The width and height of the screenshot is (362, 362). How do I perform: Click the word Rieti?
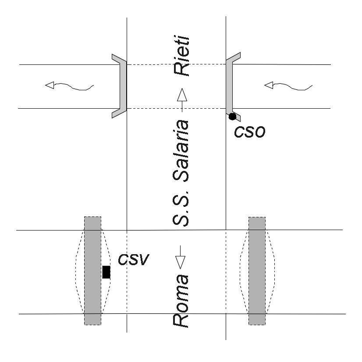[x=182, y=56]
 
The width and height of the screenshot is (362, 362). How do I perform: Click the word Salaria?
[x=181, y=151]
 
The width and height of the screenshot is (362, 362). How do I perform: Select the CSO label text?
[x=249, y=132]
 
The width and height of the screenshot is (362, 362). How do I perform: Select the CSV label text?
[x=133, y=259]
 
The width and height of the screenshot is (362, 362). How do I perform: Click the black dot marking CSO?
[x=232, y=117]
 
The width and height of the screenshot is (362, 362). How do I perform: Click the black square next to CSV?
[x=106, y=272]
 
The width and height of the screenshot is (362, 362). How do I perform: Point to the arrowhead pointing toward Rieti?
[x=182, y=95]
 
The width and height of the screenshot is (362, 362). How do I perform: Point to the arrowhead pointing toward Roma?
[x=180, y=263]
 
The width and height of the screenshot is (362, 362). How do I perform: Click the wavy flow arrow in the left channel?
[x=69, y=86]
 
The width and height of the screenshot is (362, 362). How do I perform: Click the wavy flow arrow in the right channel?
[x=288, y=86]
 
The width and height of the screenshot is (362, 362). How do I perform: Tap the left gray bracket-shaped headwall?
[x=123, y=86]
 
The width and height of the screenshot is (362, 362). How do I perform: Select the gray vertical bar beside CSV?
[x=92, y=271]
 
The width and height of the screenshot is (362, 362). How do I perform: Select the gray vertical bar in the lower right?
[x=257, y=271]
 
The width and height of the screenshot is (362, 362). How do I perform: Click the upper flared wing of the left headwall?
[x=119, y=58]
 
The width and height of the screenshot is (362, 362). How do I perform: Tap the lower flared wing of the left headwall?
[x=119, y=114]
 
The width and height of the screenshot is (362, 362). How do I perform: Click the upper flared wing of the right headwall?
[x=233, y=57]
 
